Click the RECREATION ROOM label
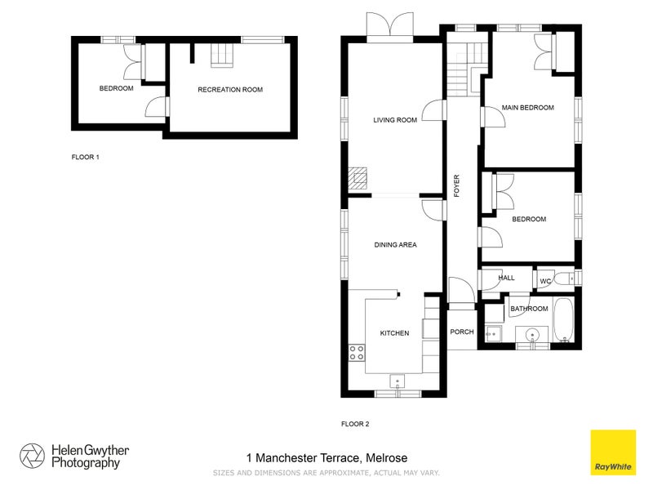pyautogui.click(x=230, y=90)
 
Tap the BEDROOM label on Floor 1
pyautogui.click(x=116, y=89)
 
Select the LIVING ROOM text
pyautogui.click(x=395, y=120)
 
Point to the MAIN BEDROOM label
pyautogui.click(x=527, y=108)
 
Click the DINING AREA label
pyautogui.click(x=395, y=244)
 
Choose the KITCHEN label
pyautogui.click(x=394, y=333)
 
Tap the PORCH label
pyautogui.click(x=462, y=332)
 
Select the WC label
pyautogui.click(x=544, y=282)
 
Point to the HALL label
pyautogui.click(x=506, y=278)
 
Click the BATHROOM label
pyautogui.click(x=529, y=309)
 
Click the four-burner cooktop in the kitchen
pyautogui.click(x=357, y=353)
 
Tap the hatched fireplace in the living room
pyautogui.click(x=358, y=178)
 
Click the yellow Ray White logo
pyautogui.click(x=613, y=452)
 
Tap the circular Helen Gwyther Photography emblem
pyautogui.click(x=33, y=456)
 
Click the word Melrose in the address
pyautogui.click(x=387, y=458)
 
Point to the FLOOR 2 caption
pyautogui.click(x=355, y=424)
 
